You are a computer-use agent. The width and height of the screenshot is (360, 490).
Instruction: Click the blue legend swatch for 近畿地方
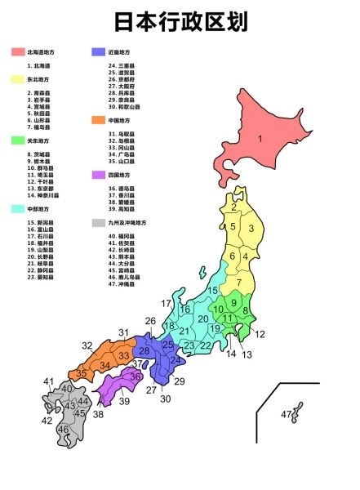(99, 52)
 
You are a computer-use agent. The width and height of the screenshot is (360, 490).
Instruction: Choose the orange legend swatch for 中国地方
(99, 120)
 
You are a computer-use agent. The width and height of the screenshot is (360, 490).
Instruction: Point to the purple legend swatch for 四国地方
(99, 175)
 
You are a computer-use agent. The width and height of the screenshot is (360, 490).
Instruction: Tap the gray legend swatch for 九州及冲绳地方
(99, 222)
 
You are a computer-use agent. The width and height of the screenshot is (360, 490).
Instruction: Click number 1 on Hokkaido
(260, 139)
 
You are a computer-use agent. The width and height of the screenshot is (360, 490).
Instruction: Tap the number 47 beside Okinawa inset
(287, 415)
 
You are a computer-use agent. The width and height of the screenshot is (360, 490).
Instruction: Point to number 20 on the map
(203, 318)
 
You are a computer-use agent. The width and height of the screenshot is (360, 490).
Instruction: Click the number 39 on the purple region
(124, 401)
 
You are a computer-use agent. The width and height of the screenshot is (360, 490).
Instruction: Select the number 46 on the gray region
(64, 429)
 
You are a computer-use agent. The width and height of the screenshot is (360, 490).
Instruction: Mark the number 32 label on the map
(87, 345)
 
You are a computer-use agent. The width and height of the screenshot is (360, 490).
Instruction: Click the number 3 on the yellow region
(251, 228)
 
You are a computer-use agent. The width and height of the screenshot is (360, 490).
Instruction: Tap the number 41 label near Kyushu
(49, 381)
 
